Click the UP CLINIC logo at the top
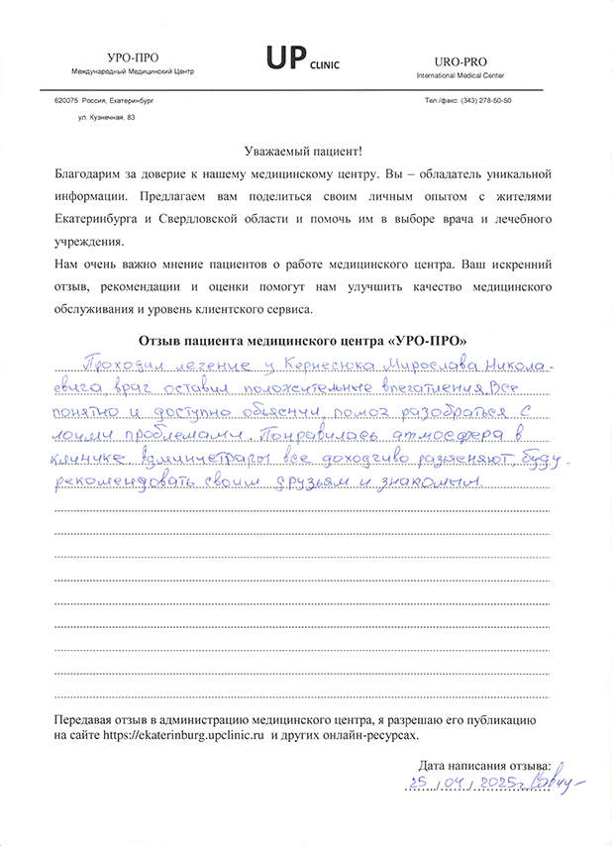(301, 60)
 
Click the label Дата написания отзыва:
(484, 766)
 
